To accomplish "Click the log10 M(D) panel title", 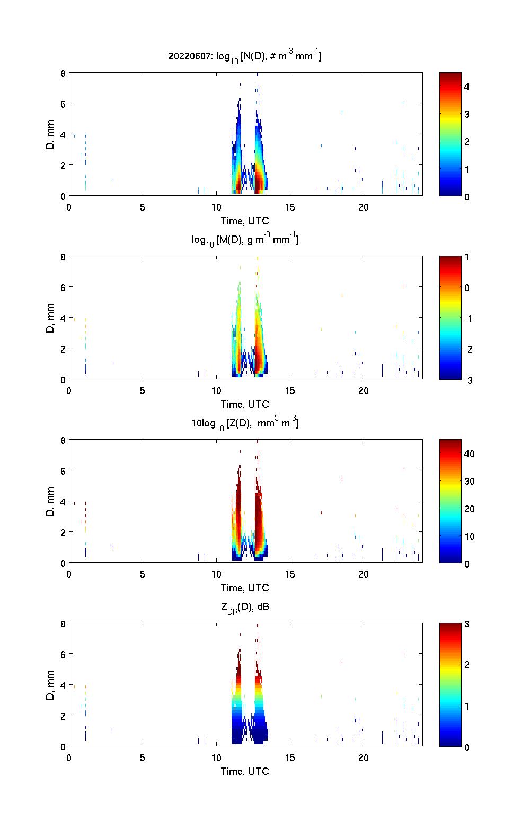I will pyautogui.click(x=245, y=240).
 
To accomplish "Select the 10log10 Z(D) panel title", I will pyautogui.click(x=245, y=423).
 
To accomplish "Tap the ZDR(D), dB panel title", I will pyautogui.click(x=245, y=607).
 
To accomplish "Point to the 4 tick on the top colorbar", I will pyautogui.click(x=467, y=86).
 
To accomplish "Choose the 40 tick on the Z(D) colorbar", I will pyautogui.click(x=469, y=453).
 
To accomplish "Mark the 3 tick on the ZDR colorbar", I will pyautogui.click(x=467, y=624).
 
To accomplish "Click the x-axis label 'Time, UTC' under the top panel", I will pyautogui.click(x=245, y=221).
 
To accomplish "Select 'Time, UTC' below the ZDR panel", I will pyautogui.click(x=245, y=771).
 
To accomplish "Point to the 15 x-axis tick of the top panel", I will pyautogui.click(x=290, y=207).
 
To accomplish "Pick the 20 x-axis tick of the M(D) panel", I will pyautogui.click(x=364, y=391).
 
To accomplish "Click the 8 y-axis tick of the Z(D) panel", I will pyautogui.click(x=63, y=440).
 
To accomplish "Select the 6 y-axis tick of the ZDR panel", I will pyautogui.click(x=63, y=654).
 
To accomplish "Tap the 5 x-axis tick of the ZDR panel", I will pyautogui.click(x=143, y=758).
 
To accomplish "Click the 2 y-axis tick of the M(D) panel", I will pyautogui.click(x=63, y=349).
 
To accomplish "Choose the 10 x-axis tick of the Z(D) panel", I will pyautogui.click(x=216, y=574).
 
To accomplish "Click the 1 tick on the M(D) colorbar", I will pyautogui.click(x=467, y=257).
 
